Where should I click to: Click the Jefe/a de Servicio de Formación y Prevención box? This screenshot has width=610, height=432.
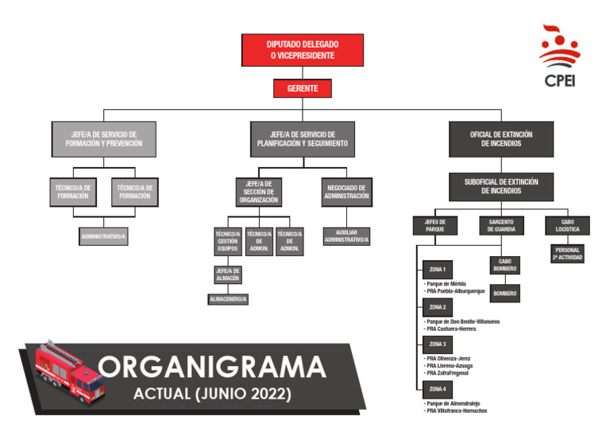[102, 138]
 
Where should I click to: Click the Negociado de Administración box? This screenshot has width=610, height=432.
[347, 191]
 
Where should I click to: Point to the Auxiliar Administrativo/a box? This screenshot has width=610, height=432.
[346, 236]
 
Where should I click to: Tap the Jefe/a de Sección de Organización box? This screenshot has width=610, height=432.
[259, 192]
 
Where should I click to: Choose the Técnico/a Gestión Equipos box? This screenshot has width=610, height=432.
[227, 242]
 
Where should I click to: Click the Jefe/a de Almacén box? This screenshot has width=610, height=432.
[227, 275]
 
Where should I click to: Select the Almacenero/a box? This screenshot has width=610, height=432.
[227, 299]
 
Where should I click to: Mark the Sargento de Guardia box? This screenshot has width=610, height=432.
[501, 226]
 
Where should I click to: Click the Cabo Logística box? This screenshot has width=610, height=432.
[567, 226]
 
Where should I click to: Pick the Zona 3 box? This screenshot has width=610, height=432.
[438, 344]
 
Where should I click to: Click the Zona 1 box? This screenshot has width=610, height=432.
[438, 269]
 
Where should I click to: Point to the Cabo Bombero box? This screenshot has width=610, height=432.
[504, 266]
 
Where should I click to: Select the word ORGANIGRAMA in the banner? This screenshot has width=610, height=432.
[214, 368]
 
